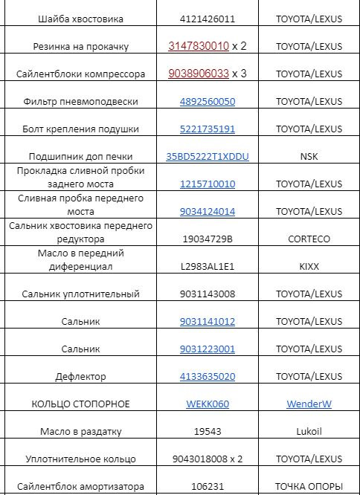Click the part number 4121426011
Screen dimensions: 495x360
click(x=207, y=18)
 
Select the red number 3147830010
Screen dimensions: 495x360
click(x=199, y=46)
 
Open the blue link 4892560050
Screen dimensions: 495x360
click(x=207, y=101)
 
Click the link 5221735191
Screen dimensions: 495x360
click(x=207, y=129)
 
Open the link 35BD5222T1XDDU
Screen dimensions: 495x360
click(x=208, y=156)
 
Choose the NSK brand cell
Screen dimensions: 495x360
click(x=309, y=156)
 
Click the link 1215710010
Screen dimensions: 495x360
click(x=207, y=184)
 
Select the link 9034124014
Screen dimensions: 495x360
click(x=207, y=211)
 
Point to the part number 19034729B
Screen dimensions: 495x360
click(x=207, y=239)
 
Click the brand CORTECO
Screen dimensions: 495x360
click(x=309, y=239)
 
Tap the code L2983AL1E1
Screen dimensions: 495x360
click(x=207, y=266)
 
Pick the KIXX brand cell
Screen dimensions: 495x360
click(x=309, y=266)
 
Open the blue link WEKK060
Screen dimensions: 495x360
click(x=208, y=404)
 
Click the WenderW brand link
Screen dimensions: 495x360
click(x=309, y=404)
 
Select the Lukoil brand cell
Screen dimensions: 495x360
click(x=309, y=431)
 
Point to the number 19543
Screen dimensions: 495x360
click(x=207, y=431)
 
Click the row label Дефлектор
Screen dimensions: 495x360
click(x=80, y=376)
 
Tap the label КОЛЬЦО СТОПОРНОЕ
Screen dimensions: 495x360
click(x=80, y=404)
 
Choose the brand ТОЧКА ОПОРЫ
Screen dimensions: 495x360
click(x=309, y=486)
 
